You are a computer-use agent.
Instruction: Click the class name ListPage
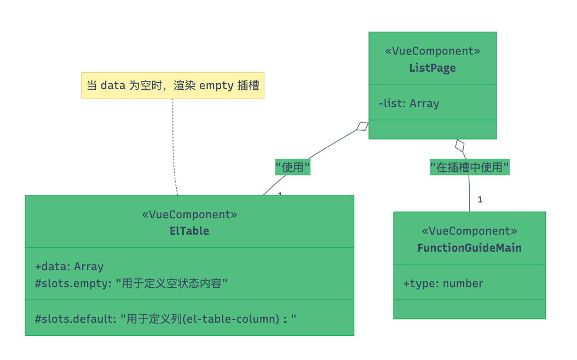pos(432,68)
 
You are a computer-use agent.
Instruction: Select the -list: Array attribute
pos(408,103)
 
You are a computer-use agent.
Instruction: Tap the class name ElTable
pos(189,231)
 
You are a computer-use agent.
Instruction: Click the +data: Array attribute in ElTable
pos(69,266)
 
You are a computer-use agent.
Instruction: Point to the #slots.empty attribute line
pos(131,283)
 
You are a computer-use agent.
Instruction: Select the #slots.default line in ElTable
pos(165,318)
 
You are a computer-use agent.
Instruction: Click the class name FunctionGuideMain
pos(469,248)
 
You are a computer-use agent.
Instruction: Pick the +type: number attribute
pos(443,283)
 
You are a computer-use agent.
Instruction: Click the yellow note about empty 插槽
pos(172,86)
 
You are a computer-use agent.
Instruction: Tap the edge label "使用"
pos(292,167)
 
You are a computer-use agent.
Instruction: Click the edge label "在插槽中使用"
pos(469,167)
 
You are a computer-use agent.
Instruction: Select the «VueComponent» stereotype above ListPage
pos(432,51)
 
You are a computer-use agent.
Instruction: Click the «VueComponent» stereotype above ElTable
pos(189,214)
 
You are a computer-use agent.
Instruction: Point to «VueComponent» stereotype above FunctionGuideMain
pos(469,231)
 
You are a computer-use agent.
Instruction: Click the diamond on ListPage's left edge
pos(362,126)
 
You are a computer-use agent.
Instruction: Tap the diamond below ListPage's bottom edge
pos(460,146)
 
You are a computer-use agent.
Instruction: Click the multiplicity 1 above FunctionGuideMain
pos(480,200)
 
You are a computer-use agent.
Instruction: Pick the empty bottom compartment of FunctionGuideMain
pos(469,309)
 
